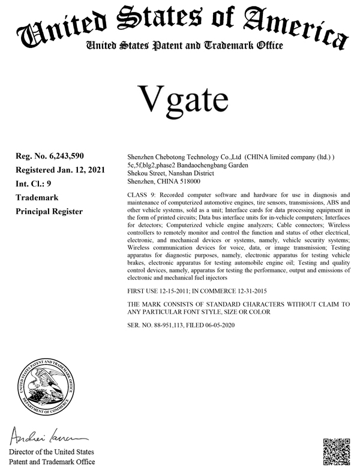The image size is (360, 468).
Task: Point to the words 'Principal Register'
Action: click(x=49, y=211)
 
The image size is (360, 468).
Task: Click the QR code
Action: click(x=337, y=451)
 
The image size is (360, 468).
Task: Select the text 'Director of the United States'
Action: click(x=51, y=451)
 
